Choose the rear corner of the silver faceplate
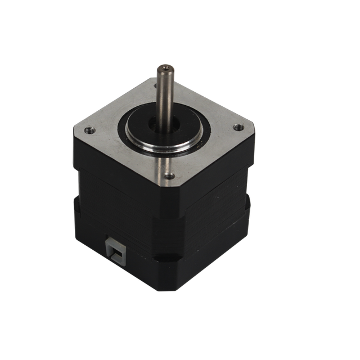[x=152, y=79]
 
